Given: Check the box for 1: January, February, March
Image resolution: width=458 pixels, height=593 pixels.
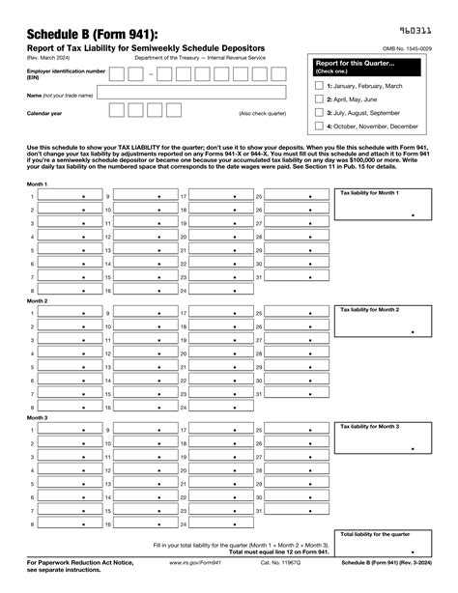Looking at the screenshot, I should [x=320, y=86].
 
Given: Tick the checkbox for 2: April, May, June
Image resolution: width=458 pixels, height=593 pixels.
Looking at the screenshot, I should [x=320, y=99].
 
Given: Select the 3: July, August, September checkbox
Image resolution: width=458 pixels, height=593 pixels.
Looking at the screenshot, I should [x=320, y=113].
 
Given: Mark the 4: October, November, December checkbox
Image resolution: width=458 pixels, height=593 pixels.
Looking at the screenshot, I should [x=320, y=127].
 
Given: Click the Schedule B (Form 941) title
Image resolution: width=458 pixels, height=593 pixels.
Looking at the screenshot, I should [x=73, y=36].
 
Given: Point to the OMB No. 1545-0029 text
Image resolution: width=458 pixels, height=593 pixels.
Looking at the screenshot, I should [x=407, y=48].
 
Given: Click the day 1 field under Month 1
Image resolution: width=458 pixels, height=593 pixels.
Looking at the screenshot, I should [x=68, y=196].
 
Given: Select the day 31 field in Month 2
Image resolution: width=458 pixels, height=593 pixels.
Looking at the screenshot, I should [x=296, y=393].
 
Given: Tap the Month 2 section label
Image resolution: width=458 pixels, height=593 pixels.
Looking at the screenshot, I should [x=38, y=300].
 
